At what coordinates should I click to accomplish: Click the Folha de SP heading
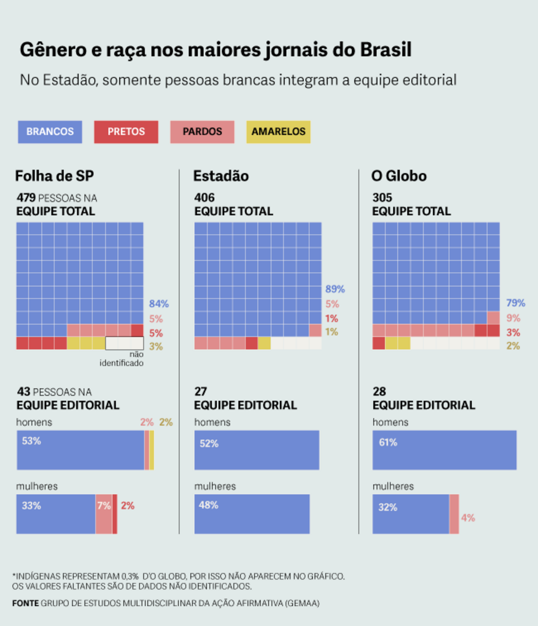54,176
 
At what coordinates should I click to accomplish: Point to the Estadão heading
221,176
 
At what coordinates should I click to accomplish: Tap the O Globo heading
399,176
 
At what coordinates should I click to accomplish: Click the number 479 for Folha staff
26,198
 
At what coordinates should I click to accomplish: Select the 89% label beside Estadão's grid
335,289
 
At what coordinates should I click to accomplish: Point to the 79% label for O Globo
516,303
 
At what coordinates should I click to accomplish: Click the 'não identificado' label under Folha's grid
122,359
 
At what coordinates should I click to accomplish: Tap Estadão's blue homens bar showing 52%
257,450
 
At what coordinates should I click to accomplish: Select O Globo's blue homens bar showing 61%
444,450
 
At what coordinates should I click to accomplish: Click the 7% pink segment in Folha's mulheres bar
104,514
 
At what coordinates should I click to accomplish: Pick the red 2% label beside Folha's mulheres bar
127,506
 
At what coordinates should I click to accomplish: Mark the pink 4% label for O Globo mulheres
468,518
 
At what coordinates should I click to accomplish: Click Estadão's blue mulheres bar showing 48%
252,514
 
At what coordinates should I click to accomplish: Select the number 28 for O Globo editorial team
379,392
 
